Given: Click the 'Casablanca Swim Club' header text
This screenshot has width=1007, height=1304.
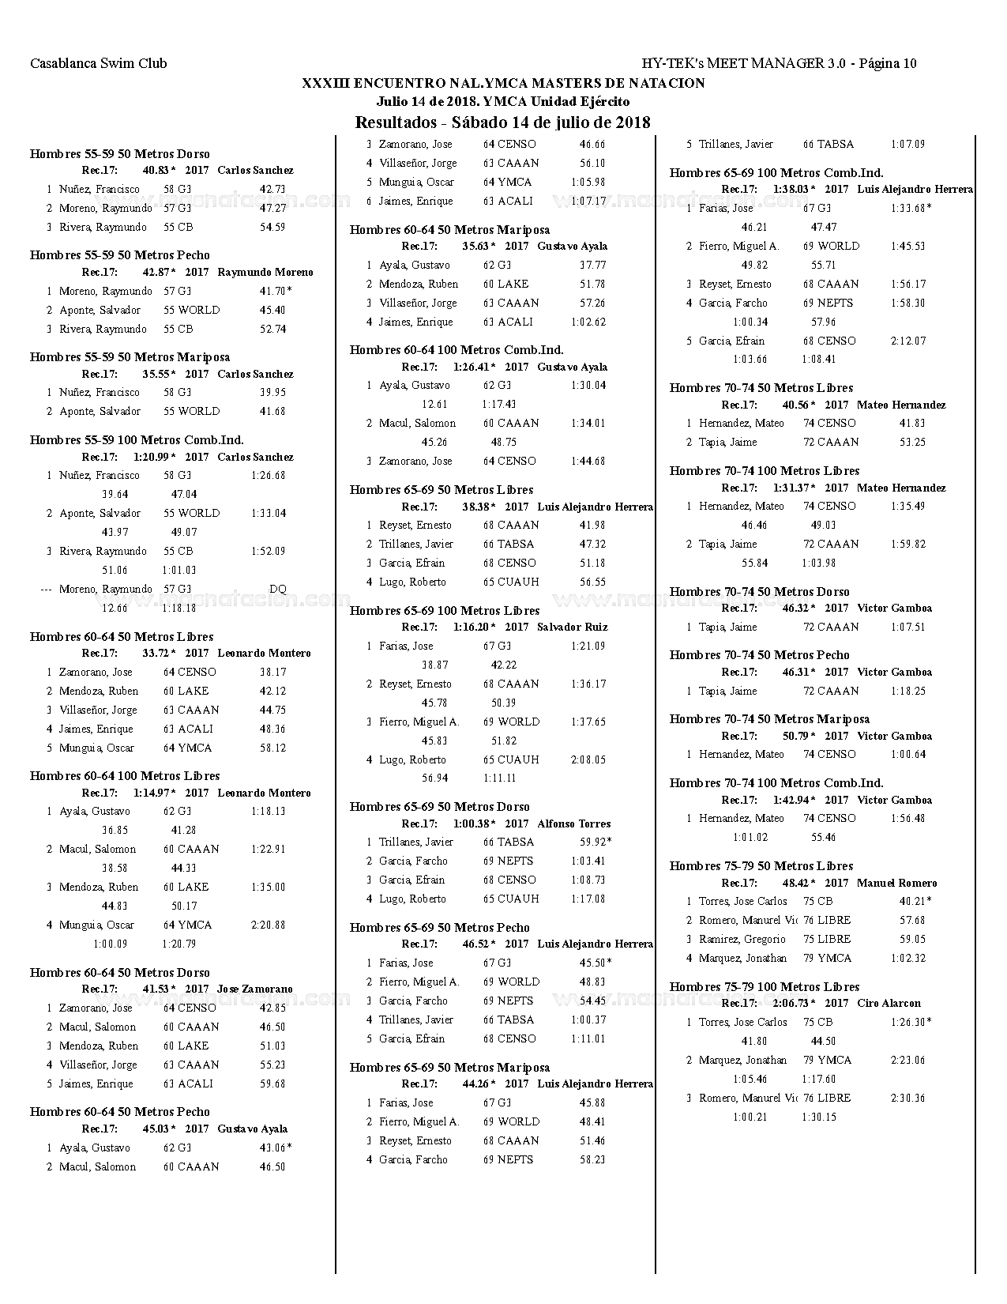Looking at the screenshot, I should pos(98,64).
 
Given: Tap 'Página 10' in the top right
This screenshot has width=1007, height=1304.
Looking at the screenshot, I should pos(887,64).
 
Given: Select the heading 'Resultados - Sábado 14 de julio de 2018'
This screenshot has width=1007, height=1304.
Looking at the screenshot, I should pos(502,122).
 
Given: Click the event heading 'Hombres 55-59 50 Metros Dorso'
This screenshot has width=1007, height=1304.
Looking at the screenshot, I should pos(120,154).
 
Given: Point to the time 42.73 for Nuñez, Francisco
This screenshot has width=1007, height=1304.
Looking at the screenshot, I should pos(272,190).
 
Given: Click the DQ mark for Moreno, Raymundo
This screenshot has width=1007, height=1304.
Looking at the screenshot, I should pos(277,590).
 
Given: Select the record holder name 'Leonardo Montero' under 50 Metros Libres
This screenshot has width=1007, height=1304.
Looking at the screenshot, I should pos(264,654).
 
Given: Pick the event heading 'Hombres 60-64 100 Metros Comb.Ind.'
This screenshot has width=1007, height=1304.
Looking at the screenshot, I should pos(457,350).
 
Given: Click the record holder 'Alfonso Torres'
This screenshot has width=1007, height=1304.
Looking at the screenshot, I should pos(574,824).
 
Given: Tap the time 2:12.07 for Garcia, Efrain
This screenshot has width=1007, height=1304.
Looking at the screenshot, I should pos(908,341).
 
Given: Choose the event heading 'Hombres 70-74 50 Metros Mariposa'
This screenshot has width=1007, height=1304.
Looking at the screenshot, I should pos(769,719).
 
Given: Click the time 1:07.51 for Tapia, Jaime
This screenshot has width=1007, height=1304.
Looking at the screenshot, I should pos(908,628).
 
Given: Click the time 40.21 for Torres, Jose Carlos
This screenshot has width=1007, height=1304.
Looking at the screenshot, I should pos(912,902).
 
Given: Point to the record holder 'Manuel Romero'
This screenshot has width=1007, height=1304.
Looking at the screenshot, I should pos(896,884).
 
